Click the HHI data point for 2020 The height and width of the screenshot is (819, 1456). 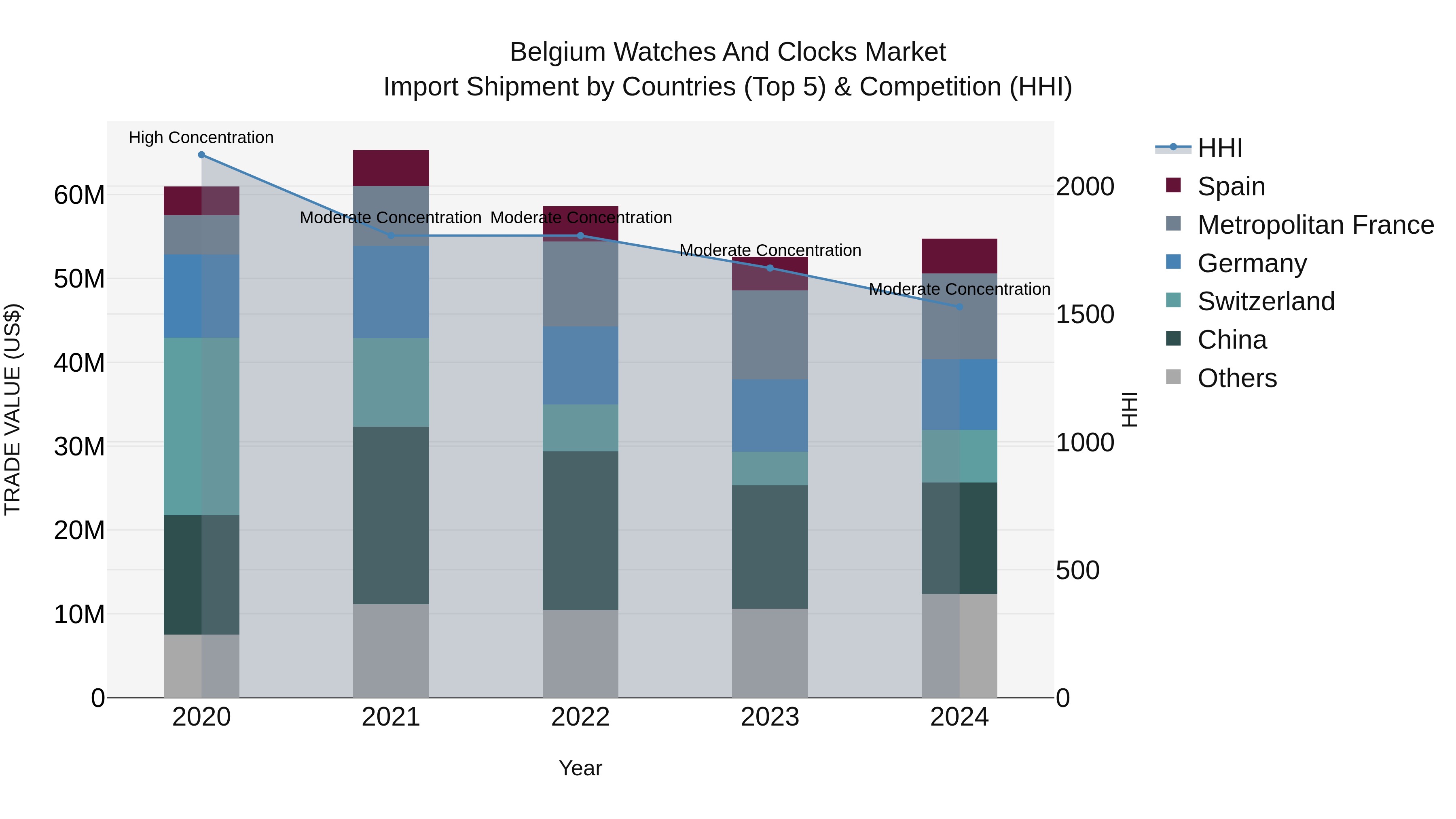(201, 155)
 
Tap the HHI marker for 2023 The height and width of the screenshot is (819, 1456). (770, 268)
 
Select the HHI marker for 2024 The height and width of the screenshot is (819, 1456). (959, 307)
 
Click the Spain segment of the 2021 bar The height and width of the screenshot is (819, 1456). (391, 168)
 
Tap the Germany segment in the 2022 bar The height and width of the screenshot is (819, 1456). (580, 365)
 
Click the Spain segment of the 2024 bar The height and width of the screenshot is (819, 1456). (959, 256)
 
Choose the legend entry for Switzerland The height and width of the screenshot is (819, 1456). (1266, 301)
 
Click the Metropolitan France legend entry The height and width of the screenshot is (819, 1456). (1315, 225)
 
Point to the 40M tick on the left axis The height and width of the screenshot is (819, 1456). (79, 363)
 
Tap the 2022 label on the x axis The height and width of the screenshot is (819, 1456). (580, 717)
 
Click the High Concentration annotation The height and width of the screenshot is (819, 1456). (201, 138)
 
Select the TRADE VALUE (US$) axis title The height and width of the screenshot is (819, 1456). (13, 409)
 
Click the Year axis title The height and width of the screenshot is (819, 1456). (580, 768)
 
